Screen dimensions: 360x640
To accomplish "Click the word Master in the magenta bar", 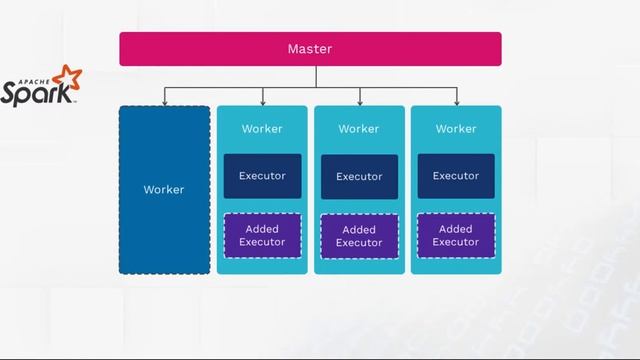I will (309, 49).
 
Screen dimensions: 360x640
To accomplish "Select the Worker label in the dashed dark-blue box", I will (164, 190).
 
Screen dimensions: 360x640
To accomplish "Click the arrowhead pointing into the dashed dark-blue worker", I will (165, 101).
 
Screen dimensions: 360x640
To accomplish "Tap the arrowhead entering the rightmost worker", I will (457, 101).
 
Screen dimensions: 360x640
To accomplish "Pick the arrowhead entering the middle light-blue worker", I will (360, 101).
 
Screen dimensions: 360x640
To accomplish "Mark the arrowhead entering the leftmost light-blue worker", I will (262, 101).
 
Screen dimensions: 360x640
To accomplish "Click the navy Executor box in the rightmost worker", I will (456, 176).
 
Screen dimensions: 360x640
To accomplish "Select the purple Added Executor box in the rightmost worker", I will (456, 236).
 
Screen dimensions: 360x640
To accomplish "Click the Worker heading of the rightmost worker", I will (456, 129).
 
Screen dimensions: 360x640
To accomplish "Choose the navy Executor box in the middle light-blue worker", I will (359, 177).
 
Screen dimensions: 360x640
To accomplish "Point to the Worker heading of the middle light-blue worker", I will (359, 129).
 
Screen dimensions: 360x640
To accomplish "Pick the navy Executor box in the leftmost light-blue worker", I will (262, 176).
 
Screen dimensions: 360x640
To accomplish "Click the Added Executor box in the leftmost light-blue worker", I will (262, 236).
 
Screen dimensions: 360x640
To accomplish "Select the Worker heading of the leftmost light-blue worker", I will (262, 129).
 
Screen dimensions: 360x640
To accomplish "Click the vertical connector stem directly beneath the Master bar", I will (316, 76).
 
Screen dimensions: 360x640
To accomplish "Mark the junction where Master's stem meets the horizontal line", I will (316, 88).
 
